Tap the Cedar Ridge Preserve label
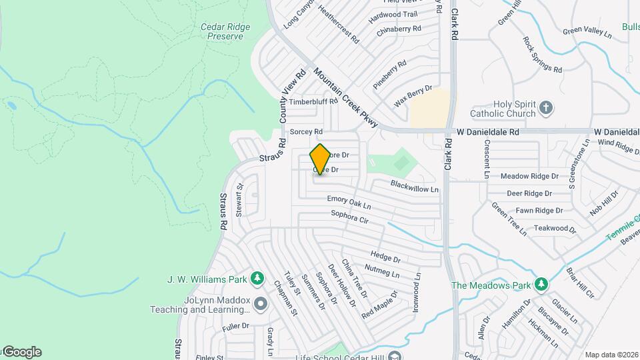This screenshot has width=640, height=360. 225,32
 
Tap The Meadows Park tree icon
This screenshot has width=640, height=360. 541,285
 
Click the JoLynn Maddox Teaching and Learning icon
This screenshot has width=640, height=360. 260,304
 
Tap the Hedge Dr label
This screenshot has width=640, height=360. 385,256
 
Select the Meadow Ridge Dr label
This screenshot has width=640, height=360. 529,176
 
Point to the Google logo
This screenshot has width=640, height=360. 21,352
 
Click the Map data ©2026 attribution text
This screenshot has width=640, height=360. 611,355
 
